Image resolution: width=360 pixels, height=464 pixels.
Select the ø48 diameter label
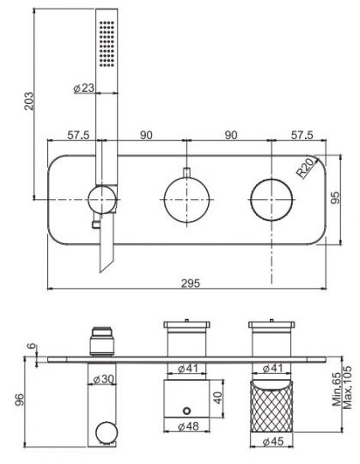tap(187, 424)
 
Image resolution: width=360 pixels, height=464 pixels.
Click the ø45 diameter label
tap(272, 443)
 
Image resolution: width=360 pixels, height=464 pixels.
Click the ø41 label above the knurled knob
tap(272, 369)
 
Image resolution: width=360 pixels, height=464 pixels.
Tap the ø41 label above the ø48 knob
tap(187, 369)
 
